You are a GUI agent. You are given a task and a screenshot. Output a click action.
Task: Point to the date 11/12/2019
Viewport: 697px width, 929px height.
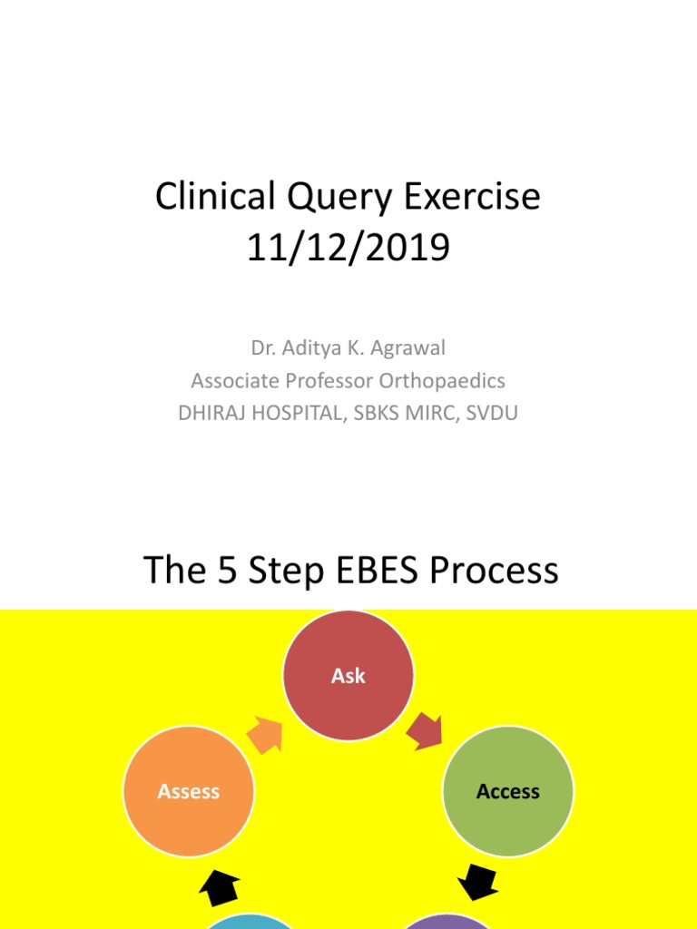pyautogui.click(x=348, y=248)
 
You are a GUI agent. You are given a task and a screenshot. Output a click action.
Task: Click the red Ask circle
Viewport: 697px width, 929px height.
pyautogui.click(x=348, y=676)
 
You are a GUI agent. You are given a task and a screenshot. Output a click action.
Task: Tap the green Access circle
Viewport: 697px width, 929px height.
pyautogui.click(x=508, y=792)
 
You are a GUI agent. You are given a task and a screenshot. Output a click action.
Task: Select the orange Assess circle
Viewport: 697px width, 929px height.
pyautogui.click(x=189, y=792)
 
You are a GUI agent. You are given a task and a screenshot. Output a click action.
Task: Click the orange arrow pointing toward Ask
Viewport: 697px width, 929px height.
pyautogui.click(x=266, y=734)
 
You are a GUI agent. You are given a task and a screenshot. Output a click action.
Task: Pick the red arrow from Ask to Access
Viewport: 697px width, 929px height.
pyautogui.click(x=425, y=731)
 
